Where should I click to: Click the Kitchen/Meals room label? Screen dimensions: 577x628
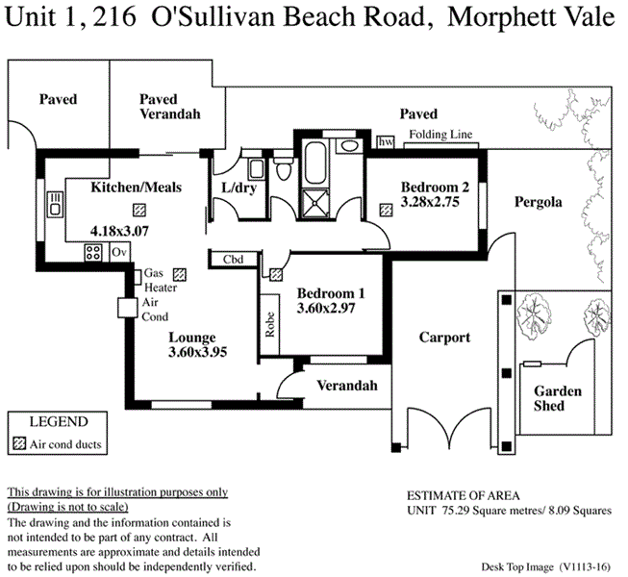(136, 188)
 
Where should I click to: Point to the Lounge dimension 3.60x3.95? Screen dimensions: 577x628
(197, 353)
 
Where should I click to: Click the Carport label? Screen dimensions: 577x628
(444, 338)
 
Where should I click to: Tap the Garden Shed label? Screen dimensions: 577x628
(558, 398)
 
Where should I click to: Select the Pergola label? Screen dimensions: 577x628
(538, 202)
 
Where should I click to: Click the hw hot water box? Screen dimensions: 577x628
(386, 142)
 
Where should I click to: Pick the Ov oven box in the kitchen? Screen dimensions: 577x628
(119, 252)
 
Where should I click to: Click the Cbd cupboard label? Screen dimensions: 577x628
(233, 260)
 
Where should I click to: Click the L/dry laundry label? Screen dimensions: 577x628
(238, 188)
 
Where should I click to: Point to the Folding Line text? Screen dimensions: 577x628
(440, 135)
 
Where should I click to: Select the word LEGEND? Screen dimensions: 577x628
(59, 421)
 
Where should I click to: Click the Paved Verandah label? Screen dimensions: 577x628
(169, 107)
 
